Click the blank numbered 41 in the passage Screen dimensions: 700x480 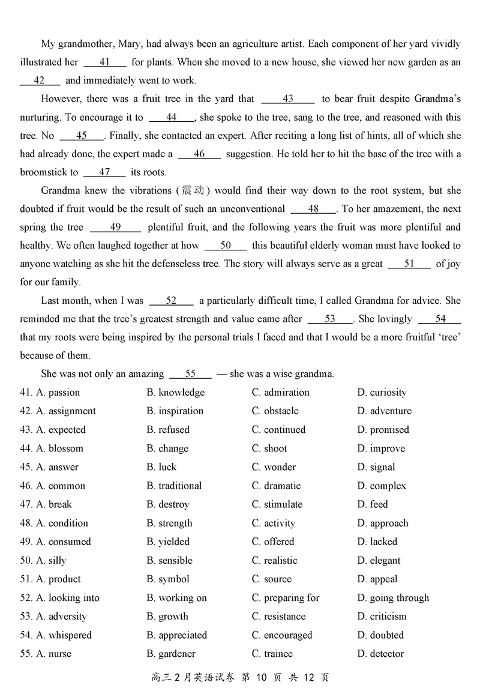[105, 62]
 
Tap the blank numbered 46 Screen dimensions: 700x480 [199, 154]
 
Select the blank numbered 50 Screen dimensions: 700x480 [226, 246]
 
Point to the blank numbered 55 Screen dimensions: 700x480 [190, 374]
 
